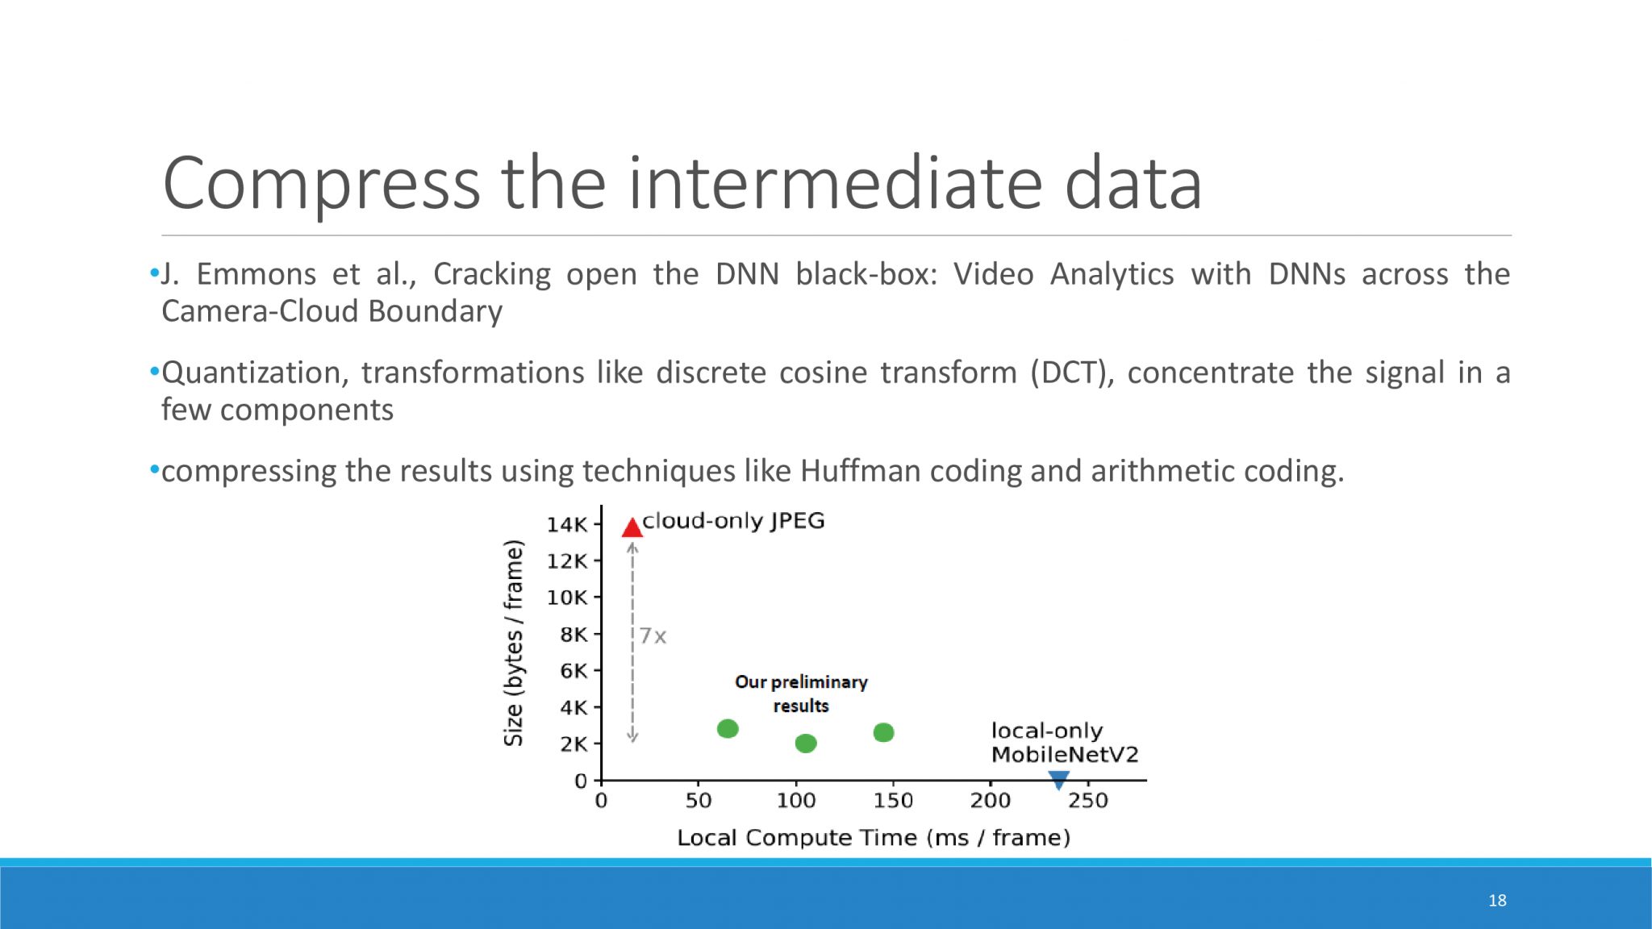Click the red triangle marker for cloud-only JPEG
pyautogui.click(x=632, y=528)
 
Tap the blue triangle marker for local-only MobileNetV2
pyautogui.click(x=1058, y=780)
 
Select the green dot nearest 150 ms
pyautogui.click(x=883, y=732)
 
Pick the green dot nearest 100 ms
pyautogui.click(x=806, y=743)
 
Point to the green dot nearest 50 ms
pyautogui.click(x=728, y=729)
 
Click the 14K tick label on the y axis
pyautogui.click(x=567, y=525)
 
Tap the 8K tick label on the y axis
pyautogui.click(x=574, y=635)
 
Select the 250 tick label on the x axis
pyautogui.click(x=1088, y=801)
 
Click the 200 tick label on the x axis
pyautogui.click(x=991, y=801)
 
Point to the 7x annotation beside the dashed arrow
pyautogui.click(x=653, y=636)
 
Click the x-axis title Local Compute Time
pyautogui.click(x=874, y=838)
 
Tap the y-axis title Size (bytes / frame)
pyautogui.click(x=514, y=643)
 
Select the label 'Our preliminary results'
pyautogui.click(x=801, y=694)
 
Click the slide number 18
pyautogui.click(x=1497, y=900)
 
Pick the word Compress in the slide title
pyautogui.click(x=322, y=185)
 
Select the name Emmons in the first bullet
pyautogui.click(x=257, y=274)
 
